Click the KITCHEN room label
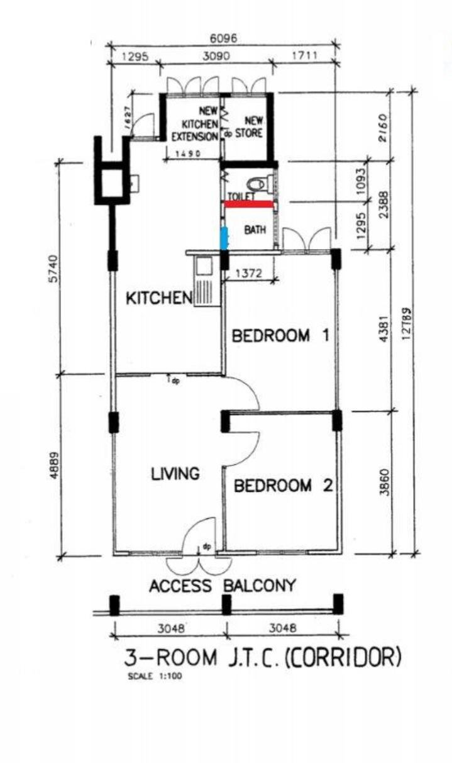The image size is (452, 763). tap(159, 298)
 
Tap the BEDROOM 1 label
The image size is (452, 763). tap(281, 336)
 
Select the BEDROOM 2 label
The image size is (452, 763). tap(283, 486)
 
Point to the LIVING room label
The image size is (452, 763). tap(175, 474)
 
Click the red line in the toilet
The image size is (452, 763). tap(249, 204)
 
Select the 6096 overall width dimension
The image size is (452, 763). tap(223, 38)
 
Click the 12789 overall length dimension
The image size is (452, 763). tap(406, 324)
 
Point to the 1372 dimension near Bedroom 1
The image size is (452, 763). tap(248, 274)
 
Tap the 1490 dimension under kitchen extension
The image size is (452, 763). tap(187, 153)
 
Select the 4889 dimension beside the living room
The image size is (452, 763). tap(54, 465)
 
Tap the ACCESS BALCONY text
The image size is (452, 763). tap(223, 586)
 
